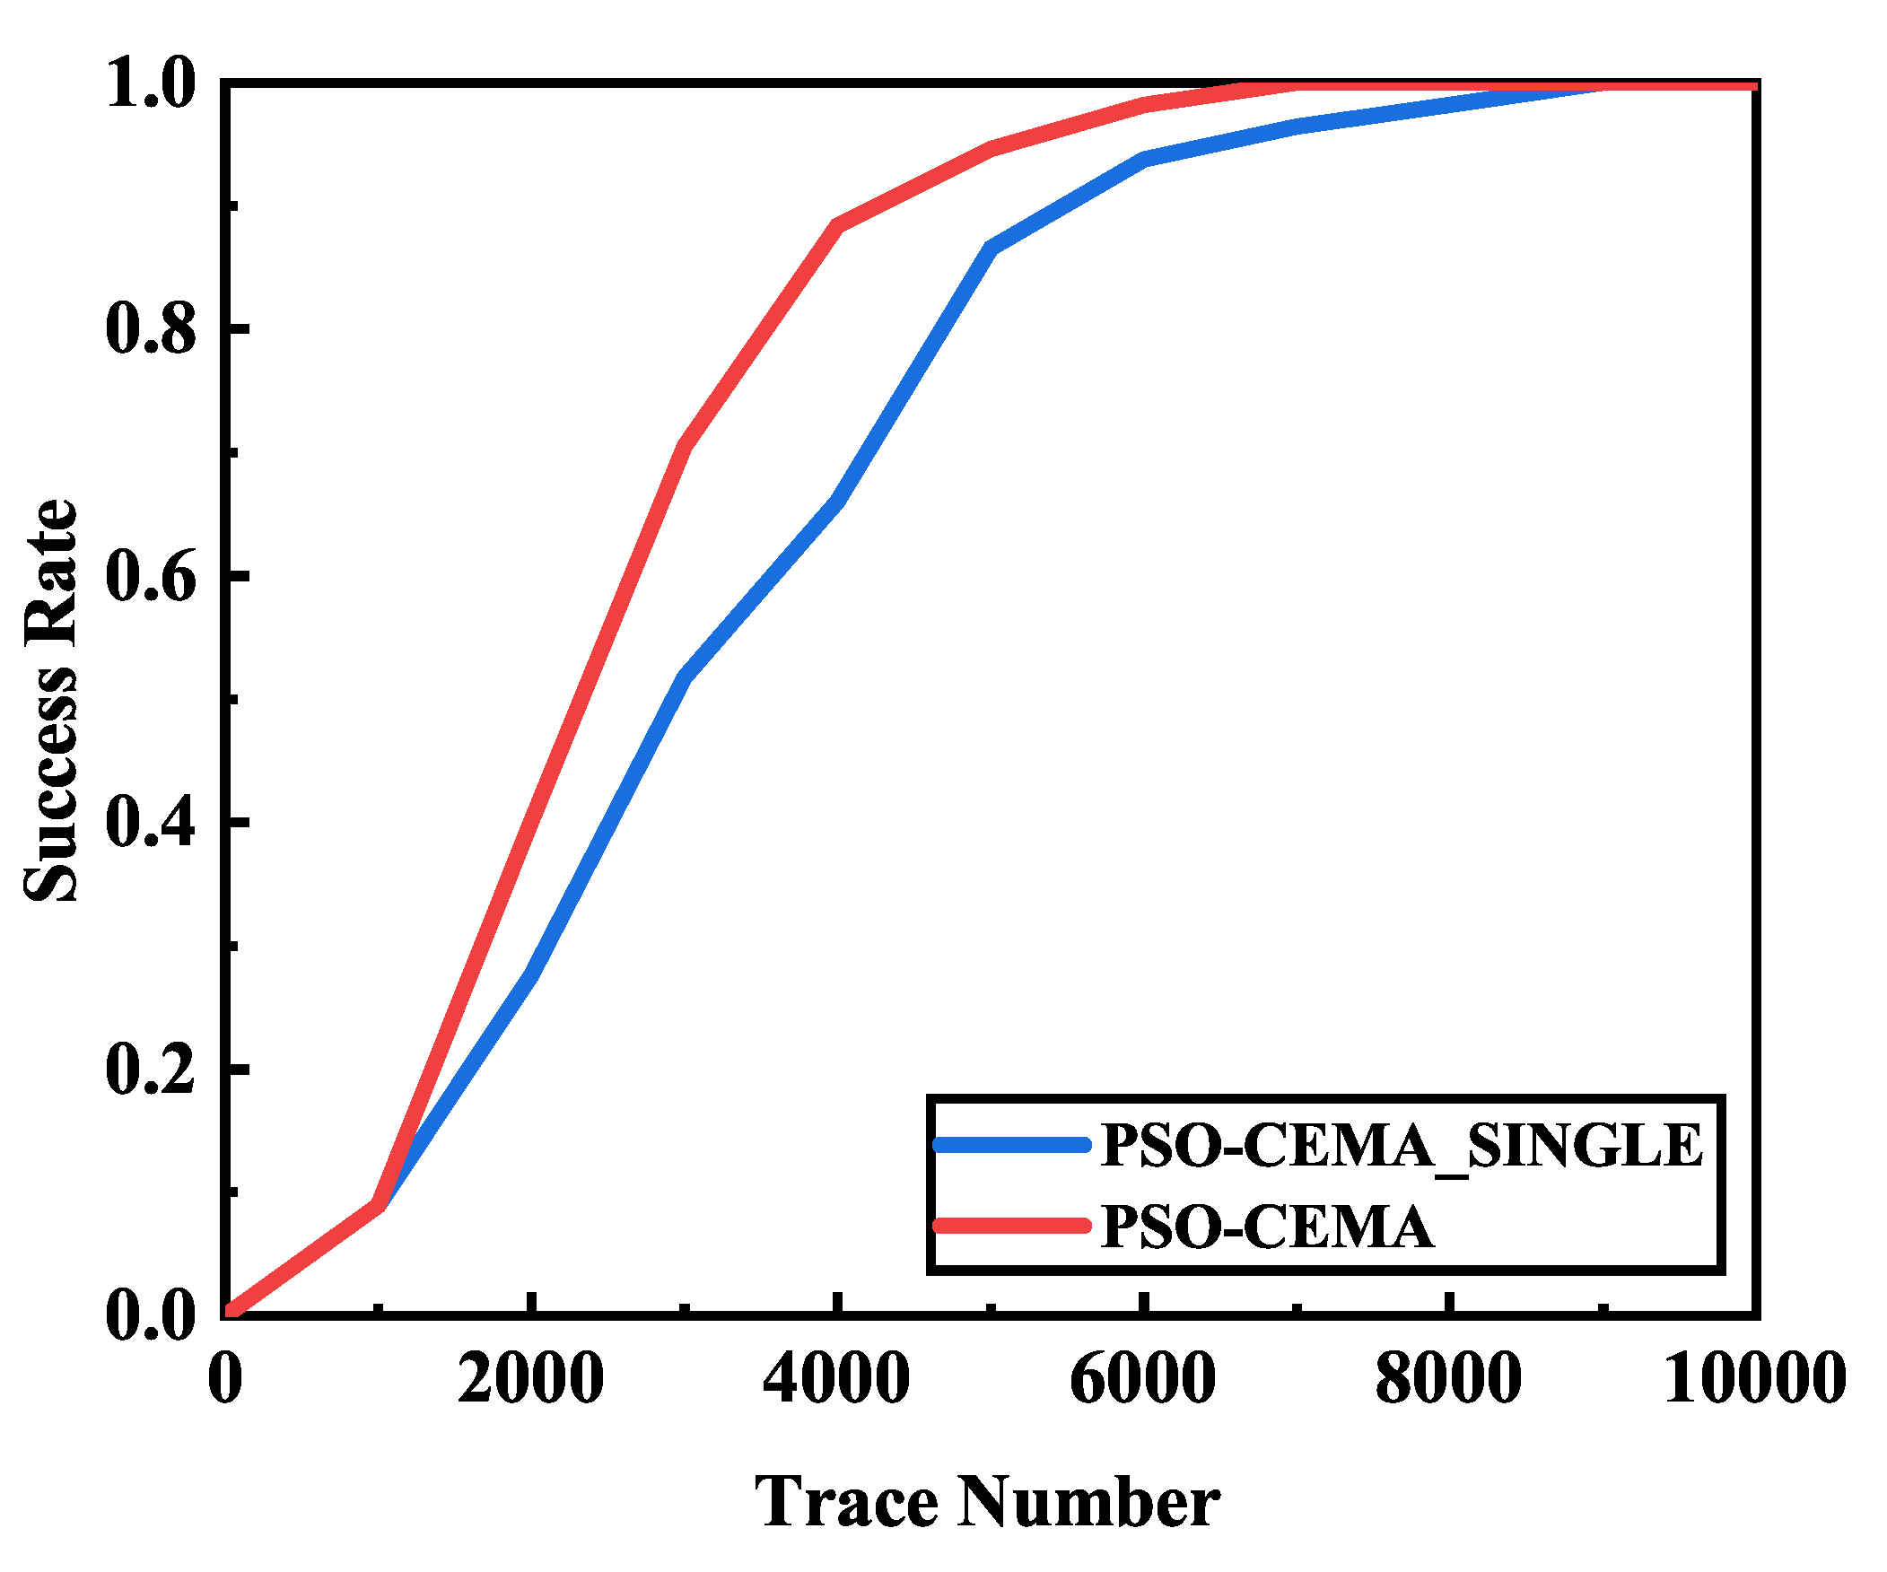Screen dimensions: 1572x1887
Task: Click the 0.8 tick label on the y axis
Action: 150,328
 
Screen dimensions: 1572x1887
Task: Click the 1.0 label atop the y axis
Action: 150,85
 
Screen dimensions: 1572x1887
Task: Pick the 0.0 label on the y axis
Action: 150,1316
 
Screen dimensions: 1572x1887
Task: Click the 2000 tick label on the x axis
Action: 530,1379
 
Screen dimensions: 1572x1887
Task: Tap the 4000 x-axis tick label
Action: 835,1379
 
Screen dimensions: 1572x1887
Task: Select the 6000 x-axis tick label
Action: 1142,1379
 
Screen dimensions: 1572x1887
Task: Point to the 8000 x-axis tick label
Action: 1447,1379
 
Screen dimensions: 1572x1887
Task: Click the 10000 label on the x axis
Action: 1754,1379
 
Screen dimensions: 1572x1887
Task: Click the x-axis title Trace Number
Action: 987,1502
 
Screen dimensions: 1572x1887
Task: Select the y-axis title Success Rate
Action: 51,700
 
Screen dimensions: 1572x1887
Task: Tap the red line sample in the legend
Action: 1011,1226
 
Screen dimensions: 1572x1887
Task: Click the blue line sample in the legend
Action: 1011,1145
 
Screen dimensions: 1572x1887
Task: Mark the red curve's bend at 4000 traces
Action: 837,225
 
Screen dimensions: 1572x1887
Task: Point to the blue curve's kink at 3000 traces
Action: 685,677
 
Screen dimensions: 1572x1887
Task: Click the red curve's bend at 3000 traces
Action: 685,447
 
